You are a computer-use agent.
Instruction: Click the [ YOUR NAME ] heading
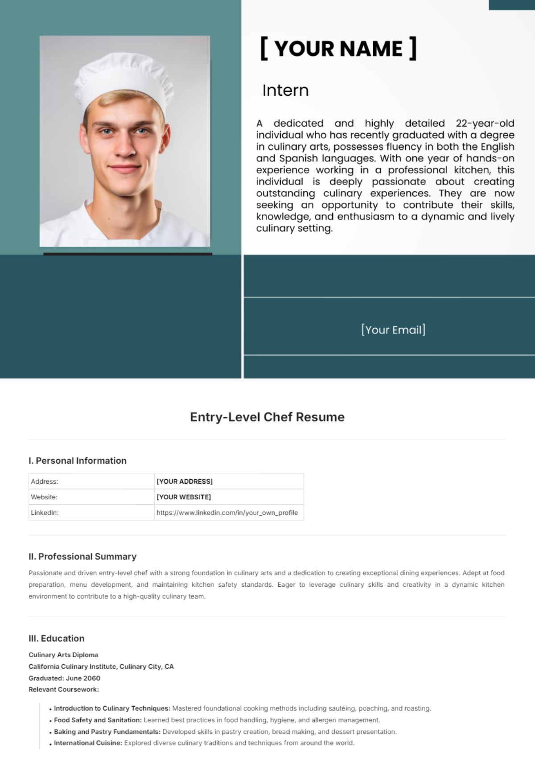(x=338, y=49)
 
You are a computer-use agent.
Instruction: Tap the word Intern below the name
(x=285, y=91)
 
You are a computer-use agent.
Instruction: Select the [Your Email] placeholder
(x=393, y=330)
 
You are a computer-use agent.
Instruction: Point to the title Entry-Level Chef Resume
(x=267, y=417)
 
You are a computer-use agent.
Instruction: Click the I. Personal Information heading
(x=78, y=461)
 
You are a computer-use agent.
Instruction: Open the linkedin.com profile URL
(x=227, y=513)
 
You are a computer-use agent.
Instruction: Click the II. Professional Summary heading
(x=82, y=556)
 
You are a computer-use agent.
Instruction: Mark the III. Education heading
(x=57, y=639)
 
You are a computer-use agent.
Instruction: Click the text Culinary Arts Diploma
(x=63, y=655)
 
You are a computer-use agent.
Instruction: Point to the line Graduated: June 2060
(x=64, y=678)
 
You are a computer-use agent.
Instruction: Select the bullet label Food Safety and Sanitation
(x=98, y=720)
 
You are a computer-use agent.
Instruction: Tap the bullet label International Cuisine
(x=88, y=743)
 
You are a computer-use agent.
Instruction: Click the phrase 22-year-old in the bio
(x=485, y=124)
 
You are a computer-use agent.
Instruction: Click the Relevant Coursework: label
(x=64, y=689)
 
